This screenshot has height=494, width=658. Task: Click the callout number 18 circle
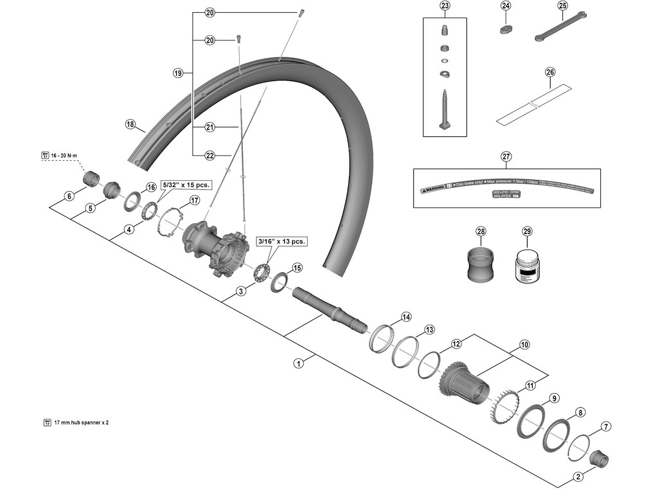[x=131, y=125]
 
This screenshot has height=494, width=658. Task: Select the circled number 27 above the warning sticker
[x=506, y=156]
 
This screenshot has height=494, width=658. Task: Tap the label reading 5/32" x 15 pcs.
[x=186, y=185]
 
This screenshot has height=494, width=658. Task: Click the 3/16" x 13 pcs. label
[x=281, y=241]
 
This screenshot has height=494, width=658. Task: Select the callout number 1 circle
[x=298, y=363]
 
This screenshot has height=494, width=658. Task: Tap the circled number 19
[x=178, y=73]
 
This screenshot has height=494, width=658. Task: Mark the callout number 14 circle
[x=405, y=316]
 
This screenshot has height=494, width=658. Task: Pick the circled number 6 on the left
[x=69, y=196]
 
